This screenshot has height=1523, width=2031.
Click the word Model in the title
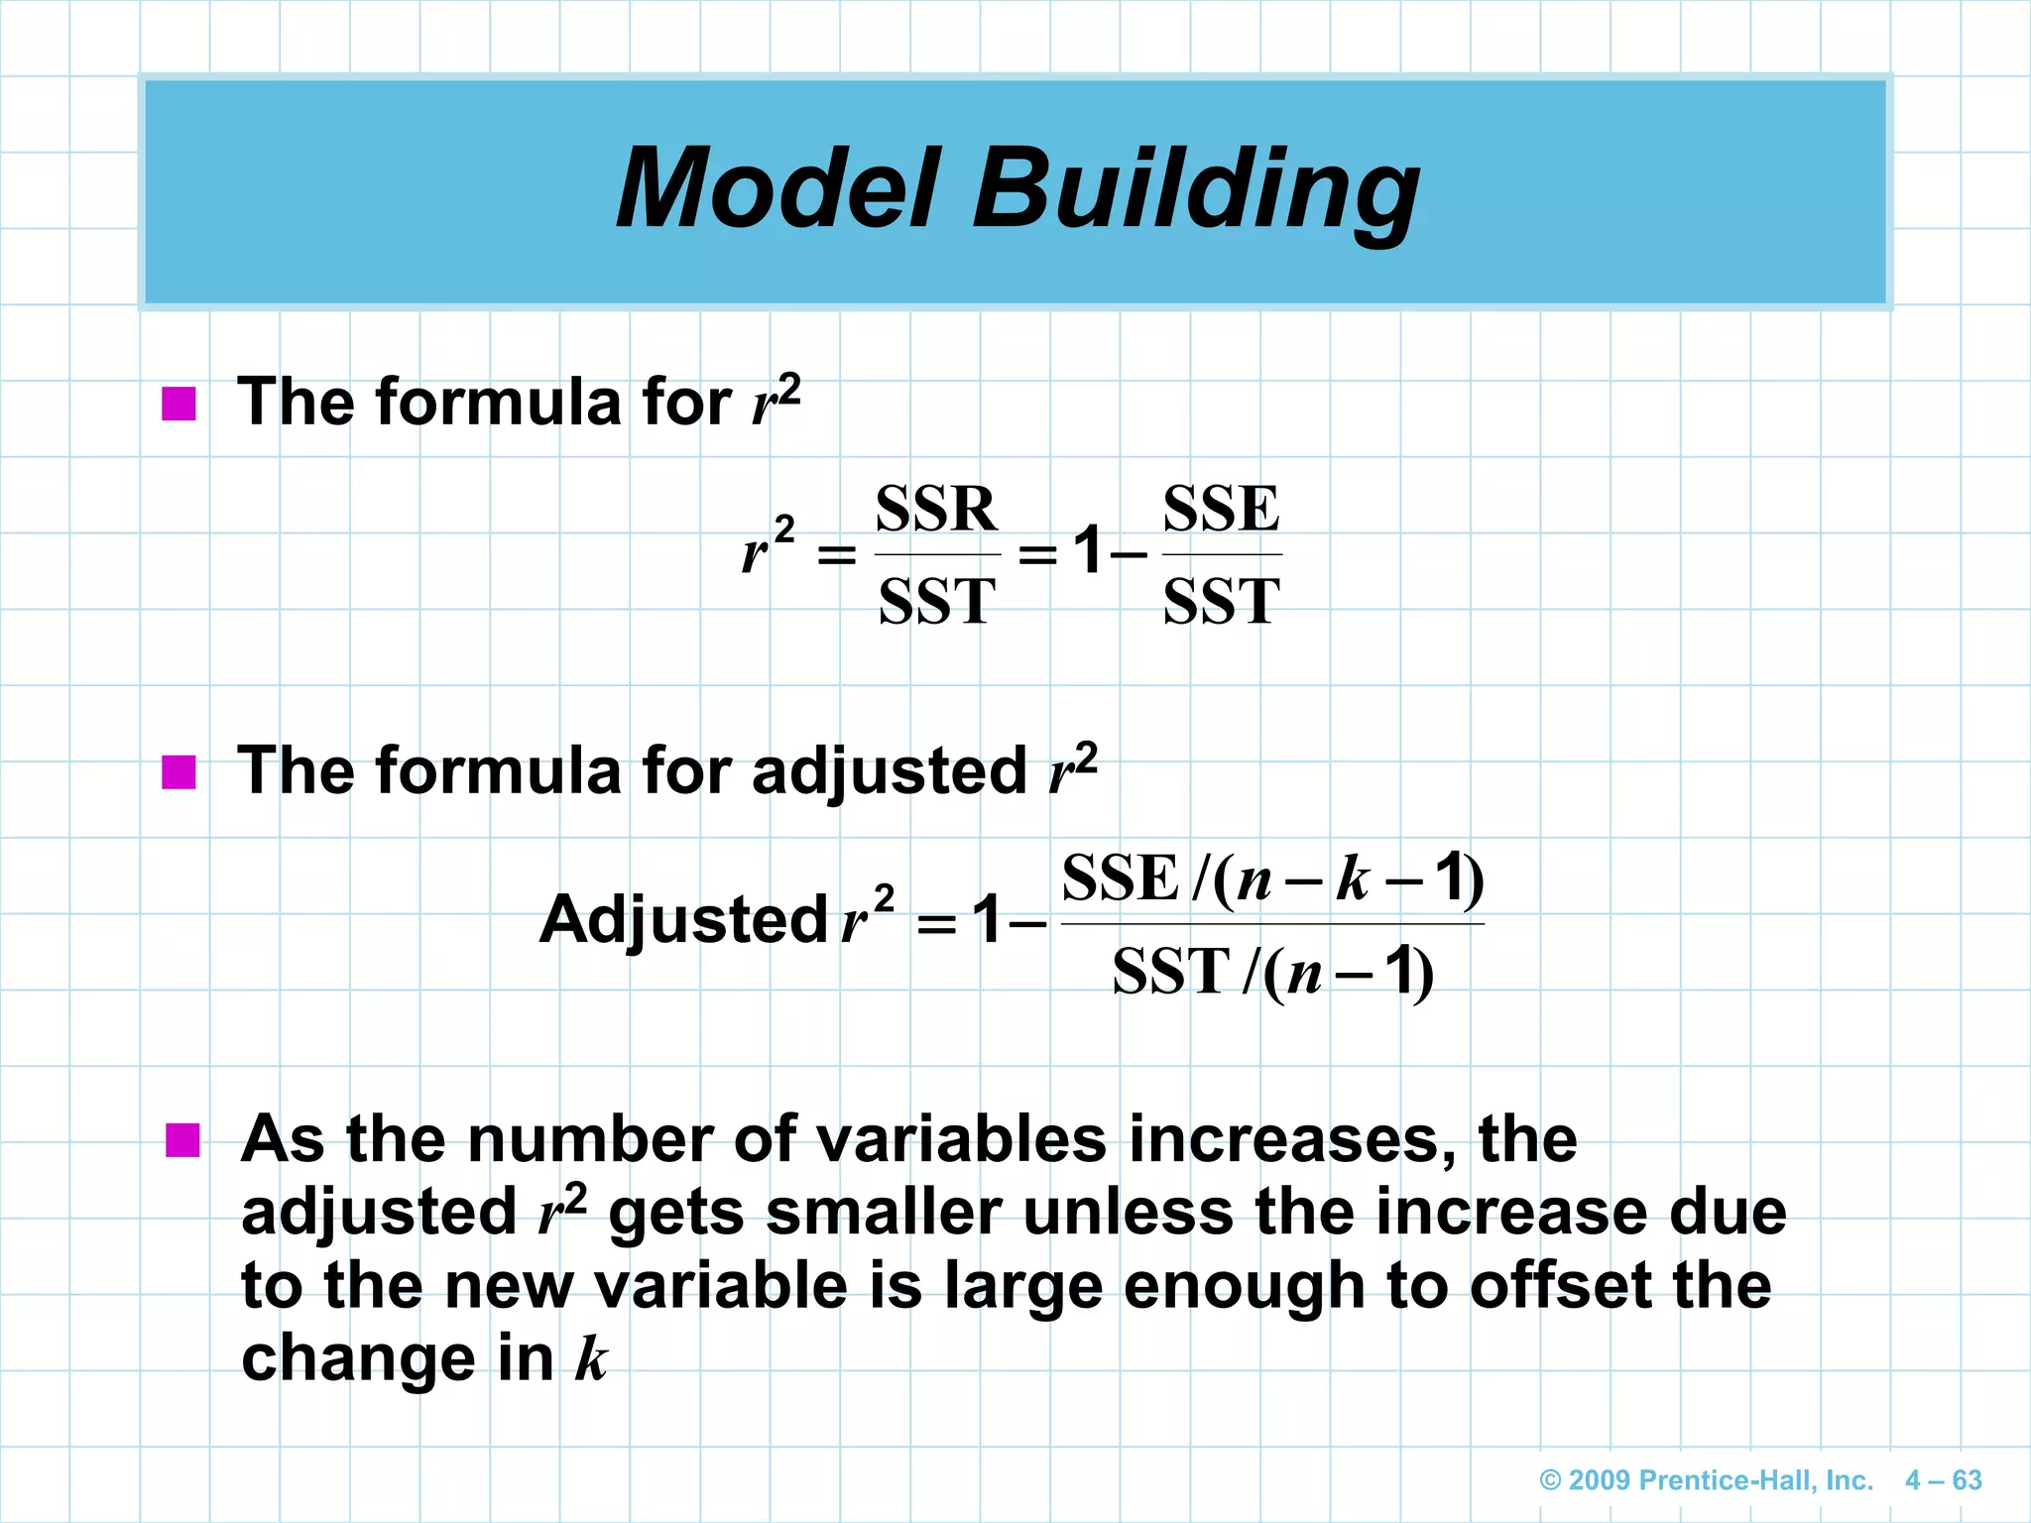(x=778, y=188)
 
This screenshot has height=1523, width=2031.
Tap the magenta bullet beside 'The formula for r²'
(x=179, y=404)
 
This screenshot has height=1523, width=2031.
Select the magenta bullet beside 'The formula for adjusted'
(x=179, y=772)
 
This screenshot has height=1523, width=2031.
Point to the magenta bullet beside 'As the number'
(x=182, y=1140)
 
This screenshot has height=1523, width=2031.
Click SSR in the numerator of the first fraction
(x=936, y=510)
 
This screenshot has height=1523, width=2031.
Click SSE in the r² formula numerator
(x=1221, y=510)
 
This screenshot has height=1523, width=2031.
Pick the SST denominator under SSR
(x=936, y=601)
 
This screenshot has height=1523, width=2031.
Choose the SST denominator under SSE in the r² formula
(x=1221, y=601)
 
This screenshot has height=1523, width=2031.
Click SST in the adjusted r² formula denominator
(x=1171, y=972)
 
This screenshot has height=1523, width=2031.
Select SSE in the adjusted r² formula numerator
(x=1120, y=879)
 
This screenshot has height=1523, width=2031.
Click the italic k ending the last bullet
(x=591, y=1358)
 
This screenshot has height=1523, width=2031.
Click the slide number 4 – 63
(x=1943, y=1480)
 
